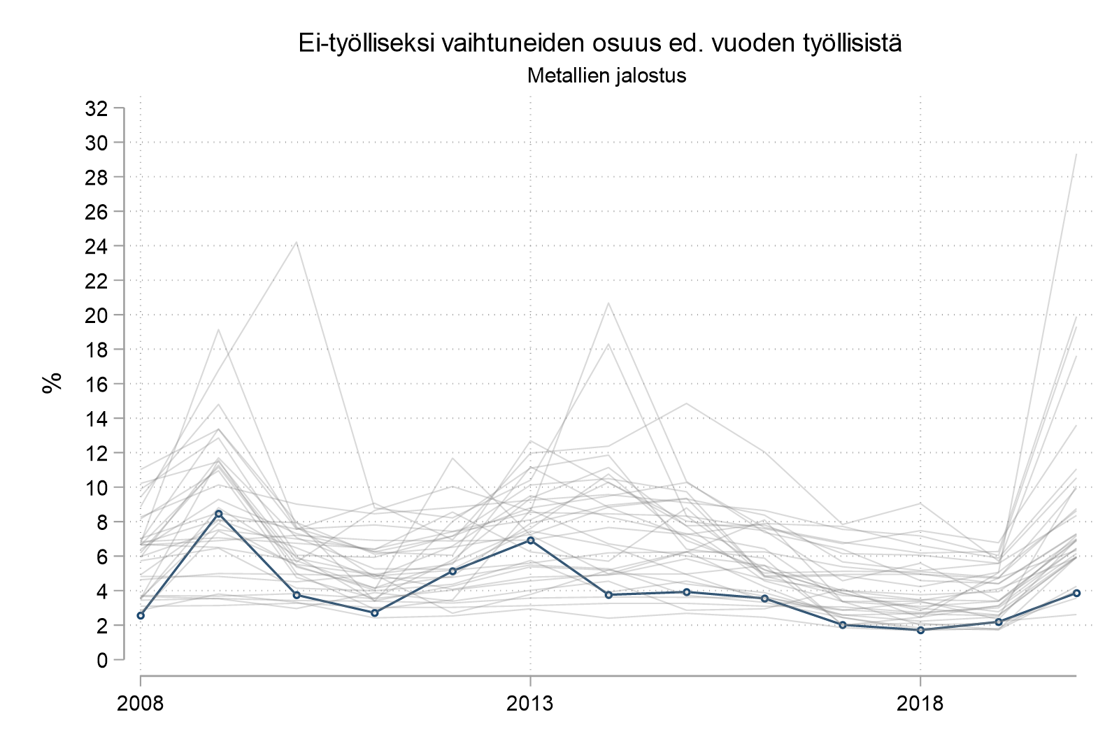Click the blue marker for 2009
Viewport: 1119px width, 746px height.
click(219, 513)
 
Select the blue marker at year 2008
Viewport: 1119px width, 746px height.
click(141, 615)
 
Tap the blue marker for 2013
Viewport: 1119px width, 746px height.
click(531, 540)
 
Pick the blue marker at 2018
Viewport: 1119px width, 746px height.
click(920, 630)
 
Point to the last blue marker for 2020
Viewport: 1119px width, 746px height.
click(1076, 593)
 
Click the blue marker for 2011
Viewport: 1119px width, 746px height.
click(375, 612)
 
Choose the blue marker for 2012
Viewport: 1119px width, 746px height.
click(452, 571)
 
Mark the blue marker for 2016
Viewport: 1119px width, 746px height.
click(764, 598)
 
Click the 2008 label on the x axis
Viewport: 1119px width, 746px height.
click(141, 703)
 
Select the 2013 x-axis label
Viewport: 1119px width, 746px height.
click(531, 703)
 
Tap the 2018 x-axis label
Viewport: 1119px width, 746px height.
click(920, 703)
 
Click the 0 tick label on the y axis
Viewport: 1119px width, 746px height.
click(102, 659)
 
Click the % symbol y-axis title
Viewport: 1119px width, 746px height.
click(52, 383)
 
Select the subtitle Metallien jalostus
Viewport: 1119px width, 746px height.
click(606, 76)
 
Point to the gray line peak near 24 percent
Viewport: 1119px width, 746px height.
click(297, 243)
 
